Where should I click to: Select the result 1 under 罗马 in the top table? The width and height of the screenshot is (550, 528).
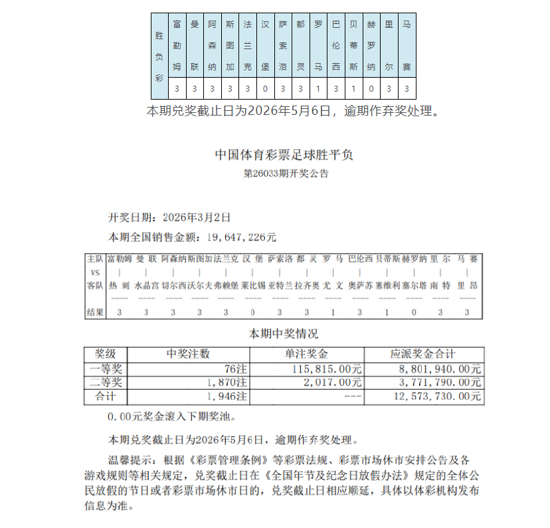point(318,88)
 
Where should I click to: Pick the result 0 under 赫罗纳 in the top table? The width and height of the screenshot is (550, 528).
point(371,88)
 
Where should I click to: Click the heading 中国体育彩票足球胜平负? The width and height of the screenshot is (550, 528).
point(284,155)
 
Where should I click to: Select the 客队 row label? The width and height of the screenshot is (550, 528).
point(94,286)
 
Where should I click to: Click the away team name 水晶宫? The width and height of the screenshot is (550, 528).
point(146,286)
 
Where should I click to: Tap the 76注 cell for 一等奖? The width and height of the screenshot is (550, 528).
point(236,369)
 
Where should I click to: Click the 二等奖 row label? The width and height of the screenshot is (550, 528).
point(106,383)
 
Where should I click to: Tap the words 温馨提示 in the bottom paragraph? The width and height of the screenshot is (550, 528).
point(131,459)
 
